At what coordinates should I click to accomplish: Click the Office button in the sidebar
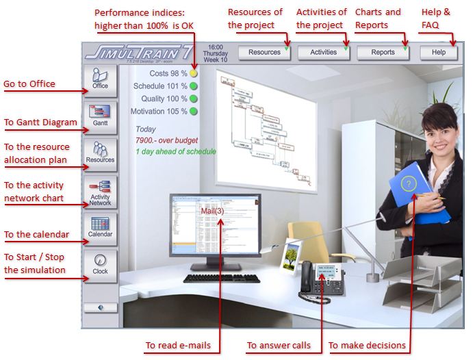tap(100, 79)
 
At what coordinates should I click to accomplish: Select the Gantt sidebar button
tap(100, 116)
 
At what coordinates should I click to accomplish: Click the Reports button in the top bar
tap(383, 52)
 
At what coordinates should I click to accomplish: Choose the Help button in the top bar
tap(438, 52)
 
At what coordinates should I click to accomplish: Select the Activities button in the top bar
tap(324, 52)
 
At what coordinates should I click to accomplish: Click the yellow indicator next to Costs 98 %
tap(194, 73)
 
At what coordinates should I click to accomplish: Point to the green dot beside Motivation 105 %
tap(194, 111)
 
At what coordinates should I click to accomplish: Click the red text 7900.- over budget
tap(166, 140)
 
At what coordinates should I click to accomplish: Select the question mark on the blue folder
tap(409, 183)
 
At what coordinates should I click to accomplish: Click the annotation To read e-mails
tap(177, 345)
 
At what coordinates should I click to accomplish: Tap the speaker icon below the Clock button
tap(100, 308)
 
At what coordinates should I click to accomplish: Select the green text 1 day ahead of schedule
tap(176, 151)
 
